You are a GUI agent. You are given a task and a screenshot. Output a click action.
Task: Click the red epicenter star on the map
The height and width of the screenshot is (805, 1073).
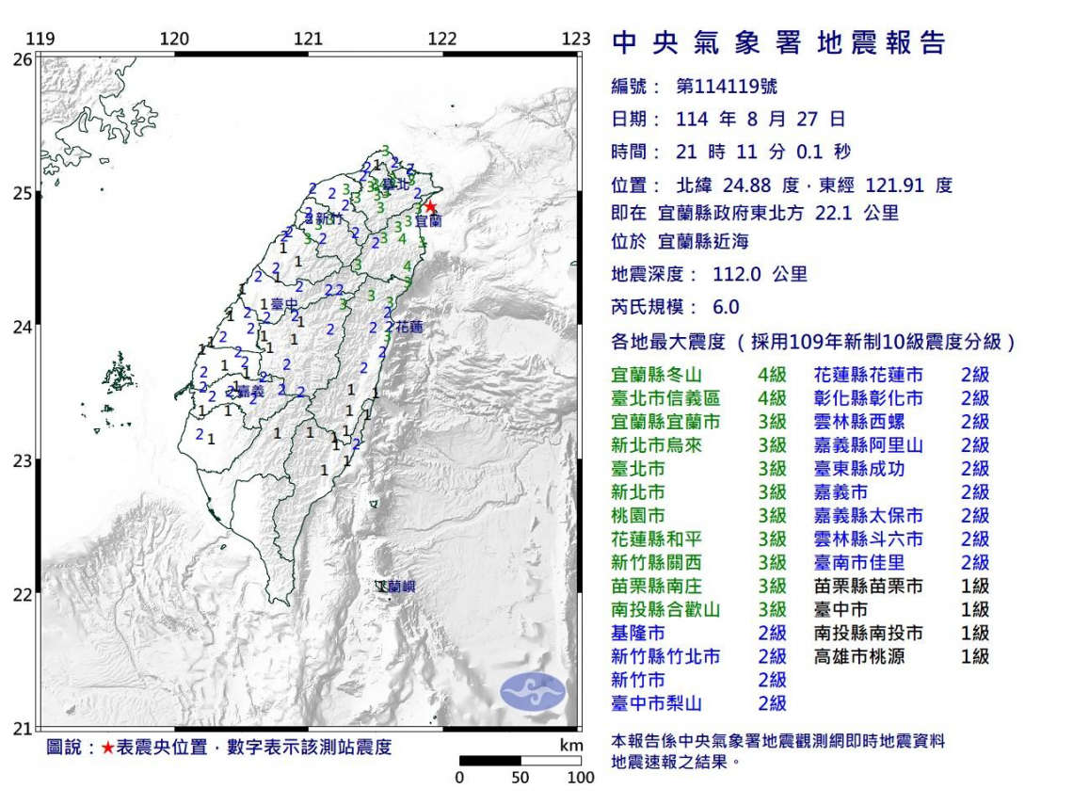coord(429,206)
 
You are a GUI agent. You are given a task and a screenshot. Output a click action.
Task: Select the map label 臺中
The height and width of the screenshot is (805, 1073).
coord(284,304)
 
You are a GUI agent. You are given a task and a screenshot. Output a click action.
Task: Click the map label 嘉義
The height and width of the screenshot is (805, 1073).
coord(250,390)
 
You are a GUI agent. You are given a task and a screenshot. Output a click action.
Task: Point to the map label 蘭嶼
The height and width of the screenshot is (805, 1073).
coord(396,587)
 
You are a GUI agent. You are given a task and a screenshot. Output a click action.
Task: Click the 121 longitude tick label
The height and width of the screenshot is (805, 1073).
coord(309,39)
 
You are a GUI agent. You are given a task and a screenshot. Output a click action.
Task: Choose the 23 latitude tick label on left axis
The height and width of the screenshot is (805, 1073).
coord(21,460)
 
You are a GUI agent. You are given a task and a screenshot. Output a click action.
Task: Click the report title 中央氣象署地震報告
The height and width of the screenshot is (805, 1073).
coord(778,43)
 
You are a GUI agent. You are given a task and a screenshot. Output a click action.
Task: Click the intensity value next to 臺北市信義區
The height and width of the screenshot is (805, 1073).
coord(772,398)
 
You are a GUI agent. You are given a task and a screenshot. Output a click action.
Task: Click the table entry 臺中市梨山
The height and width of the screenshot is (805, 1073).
coord(656,704)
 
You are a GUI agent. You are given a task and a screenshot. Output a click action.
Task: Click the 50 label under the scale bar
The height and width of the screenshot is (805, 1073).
coord(520,778)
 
